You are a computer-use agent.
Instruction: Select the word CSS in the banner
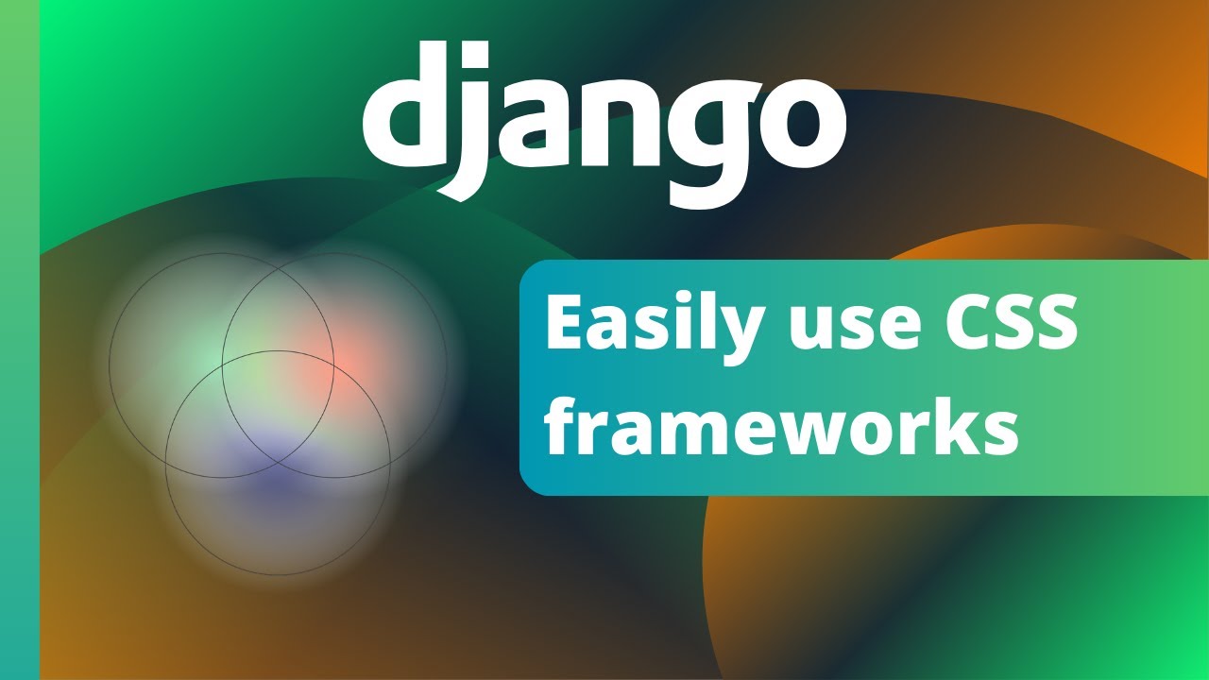[x=1002, y=324]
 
